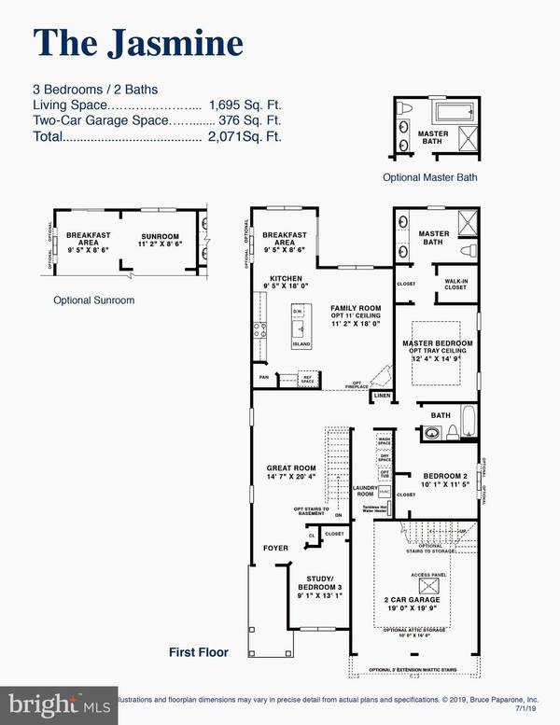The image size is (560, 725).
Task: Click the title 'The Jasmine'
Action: click(138, 43)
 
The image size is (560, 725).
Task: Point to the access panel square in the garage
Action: click(430, 585)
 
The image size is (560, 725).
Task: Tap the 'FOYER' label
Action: click(274, 549)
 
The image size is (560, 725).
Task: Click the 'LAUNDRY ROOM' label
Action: click(362, 490)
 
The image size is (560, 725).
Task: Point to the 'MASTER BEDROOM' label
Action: click(437, 343)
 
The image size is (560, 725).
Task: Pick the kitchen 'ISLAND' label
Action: click(300, 344)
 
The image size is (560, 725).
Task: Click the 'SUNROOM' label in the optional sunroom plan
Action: click(159, 237)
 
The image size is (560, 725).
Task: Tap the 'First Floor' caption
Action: click(200, 651)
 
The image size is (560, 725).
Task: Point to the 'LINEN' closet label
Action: click(380, 397)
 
